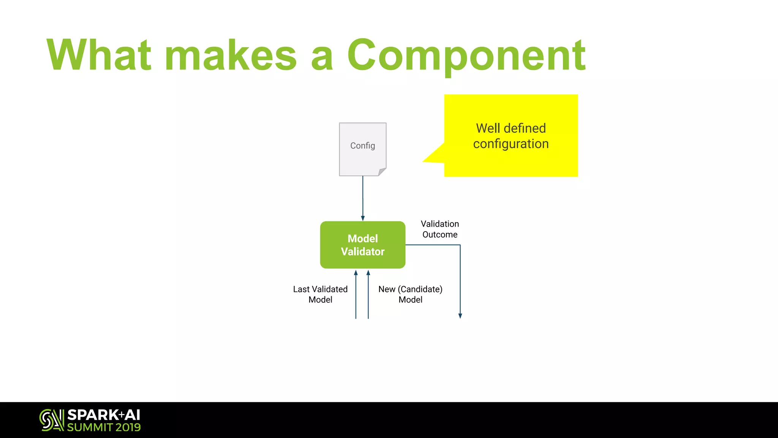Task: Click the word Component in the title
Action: tap(466, 56)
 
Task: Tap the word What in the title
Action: tap(99, 55)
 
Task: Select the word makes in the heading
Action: tap(231, 56)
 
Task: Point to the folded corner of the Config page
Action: tap(382, 172)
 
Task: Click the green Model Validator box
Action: tap(363, 245)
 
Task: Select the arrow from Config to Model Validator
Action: tap(363, 198)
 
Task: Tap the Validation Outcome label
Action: tap(440, 229)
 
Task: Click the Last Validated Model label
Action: tap(320, 294)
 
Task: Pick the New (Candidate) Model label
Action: tap(410, 294)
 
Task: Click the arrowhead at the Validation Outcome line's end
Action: tap(460, 316)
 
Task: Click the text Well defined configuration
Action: tap(511, 136)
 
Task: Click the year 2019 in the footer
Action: tap(128, 427)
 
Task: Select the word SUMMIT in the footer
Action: tap(90, 427)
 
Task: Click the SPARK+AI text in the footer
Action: tap(104, 415)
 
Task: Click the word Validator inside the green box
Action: tap(363, 252)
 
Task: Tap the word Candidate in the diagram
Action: tap(420, 289)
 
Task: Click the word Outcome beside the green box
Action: tap(440, 235)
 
